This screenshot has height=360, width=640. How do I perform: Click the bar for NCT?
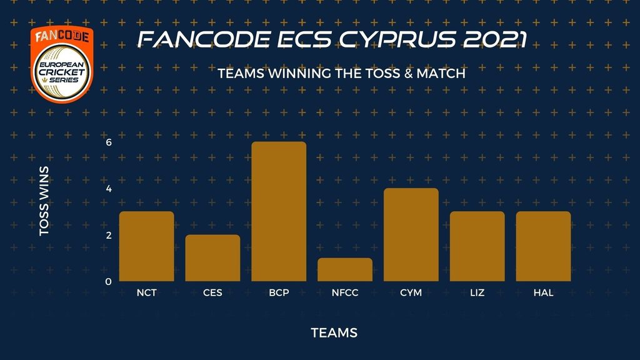click(146, 246)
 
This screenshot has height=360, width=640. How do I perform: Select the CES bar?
click(212, 258)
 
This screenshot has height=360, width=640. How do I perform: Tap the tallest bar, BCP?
click(279, 211)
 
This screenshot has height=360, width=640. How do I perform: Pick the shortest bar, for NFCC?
click(345, 269)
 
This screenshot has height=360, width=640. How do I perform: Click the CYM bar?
click(411, 235)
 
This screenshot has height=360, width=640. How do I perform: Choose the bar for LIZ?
click(477, 246)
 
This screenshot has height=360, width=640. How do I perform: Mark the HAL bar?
click(543, 246)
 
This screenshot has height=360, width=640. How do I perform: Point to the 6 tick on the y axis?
click(109, 142)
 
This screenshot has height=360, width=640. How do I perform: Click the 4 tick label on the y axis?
click(109, 189)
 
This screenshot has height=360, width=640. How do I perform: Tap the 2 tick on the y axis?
click(109, 235)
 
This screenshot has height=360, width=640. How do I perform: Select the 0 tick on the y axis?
click(108, 282)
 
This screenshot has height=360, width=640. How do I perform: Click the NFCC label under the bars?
click(345, 292)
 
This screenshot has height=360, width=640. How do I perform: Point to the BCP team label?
click(279, 292)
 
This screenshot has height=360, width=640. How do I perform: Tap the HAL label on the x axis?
click(543, 292)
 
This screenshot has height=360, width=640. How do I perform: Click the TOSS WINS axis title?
click(44, 201)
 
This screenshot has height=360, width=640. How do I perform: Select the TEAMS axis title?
click(334, 332)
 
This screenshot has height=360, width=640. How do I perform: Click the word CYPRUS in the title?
click(397, 39)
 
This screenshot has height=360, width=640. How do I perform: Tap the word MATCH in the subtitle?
click(441, 74)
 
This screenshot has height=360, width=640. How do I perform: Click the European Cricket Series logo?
click(62, 64)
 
